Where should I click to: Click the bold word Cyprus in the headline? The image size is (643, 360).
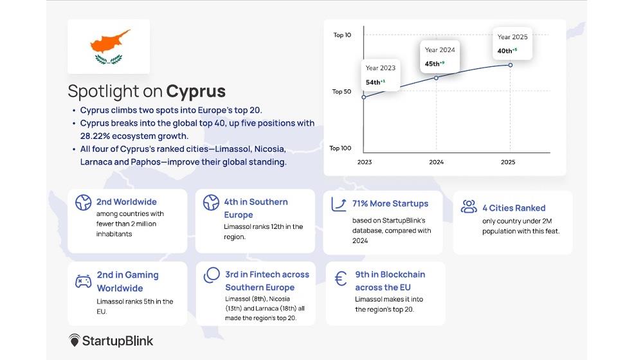coord(195,91)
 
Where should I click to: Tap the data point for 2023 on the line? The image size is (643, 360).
coord(364,97)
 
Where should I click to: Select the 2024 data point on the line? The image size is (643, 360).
coord(437,78)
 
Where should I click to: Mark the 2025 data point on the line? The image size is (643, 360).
coord(510,65)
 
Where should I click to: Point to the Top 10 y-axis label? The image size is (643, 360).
coord(342,35)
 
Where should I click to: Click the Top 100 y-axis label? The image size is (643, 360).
coord(340,148)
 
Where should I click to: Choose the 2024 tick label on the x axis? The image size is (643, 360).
coord(437,162)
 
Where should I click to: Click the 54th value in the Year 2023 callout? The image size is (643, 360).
coord(373,82)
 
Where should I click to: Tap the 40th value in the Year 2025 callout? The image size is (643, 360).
coord(504,51)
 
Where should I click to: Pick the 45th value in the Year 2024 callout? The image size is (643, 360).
coord(432,64)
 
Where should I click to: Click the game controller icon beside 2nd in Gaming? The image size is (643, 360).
coord(83,282)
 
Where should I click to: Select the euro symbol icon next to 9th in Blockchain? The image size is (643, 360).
coord(340,279)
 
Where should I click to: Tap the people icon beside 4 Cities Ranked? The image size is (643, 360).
coord(469,206)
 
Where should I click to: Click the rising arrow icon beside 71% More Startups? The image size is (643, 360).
coord(339,204)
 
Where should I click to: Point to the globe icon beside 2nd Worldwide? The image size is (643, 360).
coord(83,203)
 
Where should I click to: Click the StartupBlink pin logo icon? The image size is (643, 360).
coord(74,340)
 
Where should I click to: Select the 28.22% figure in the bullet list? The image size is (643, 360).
coord(95,136)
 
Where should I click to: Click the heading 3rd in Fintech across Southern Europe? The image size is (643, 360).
coord(267,281)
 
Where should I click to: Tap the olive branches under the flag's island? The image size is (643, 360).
coord(109,59)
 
